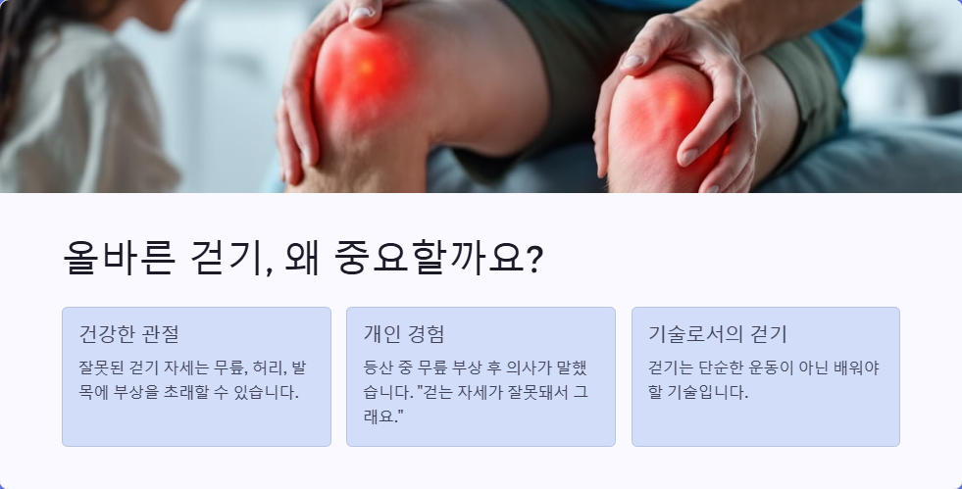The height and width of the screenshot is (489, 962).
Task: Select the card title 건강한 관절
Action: point(128,333)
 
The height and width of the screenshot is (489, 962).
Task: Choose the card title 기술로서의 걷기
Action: point(719,333)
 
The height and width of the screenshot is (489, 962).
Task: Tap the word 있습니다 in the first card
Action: point(267,392)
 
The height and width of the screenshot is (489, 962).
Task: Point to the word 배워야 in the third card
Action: point(858,368)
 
